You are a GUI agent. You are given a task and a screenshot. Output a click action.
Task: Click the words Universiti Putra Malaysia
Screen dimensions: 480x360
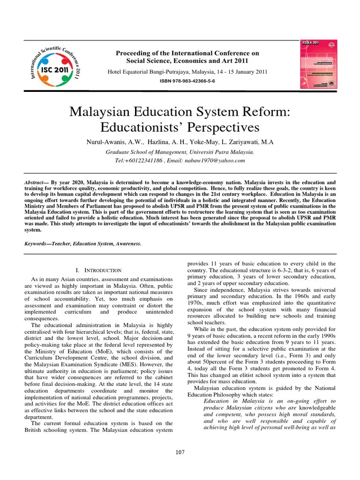pos(221,152)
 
